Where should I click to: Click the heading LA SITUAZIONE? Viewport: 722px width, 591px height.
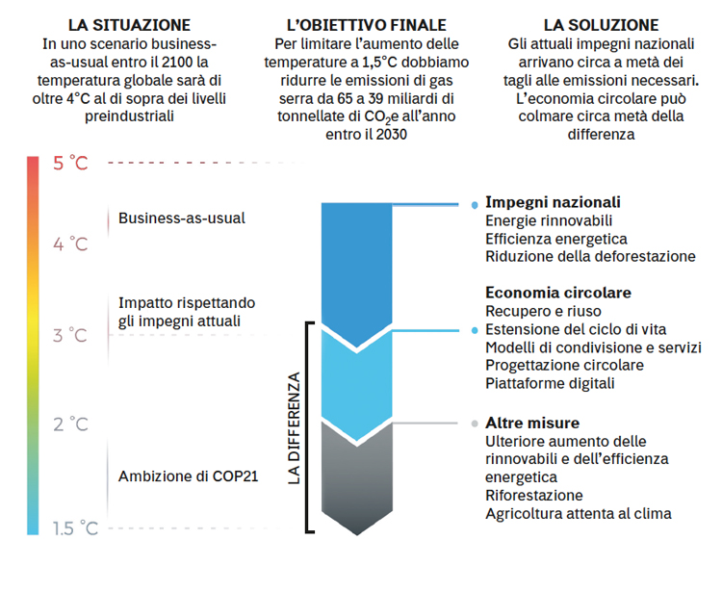pyautogui.click(x=129, y=25)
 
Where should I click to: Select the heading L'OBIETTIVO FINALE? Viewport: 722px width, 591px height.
pyautogui.click(x=367, y=25)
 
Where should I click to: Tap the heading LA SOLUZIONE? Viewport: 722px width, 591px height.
pyautogui.click(x=601, y=25)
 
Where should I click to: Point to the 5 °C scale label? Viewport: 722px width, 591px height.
pyautogui.click(x=70, y=164)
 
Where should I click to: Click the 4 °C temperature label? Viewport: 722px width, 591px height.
pyautogui.click(x=70, y=244)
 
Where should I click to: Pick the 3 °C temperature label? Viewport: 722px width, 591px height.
pyautogui.click(x=70, y=335)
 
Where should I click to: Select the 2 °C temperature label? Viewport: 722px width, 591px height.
pyautogui.click(x=70, y=424)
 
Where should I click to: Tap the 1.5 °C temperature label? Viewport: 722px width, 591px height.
pyautogui.click(x=75, y=527)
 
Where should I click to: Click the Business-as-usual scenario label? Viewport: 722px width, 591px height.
pyautogui.click(x=182, y=218)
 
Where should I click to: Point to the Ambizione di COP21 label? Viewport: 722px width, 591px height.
pyautogui.click(x=189, y=475)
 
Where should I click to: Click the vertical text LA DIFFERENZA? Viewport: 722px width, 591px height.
pyautogui.click(x=294, y=428)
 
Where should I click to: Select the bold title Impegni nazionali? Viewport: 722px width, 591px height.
pyautogui.click(x=553, y=202)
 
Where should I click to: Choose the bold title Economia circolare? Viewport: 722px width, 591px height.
pyautogui.click(x=558, y=293)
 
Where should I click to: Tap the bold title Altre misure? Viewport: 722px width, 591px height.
pyautogui.click(x=532, y=423)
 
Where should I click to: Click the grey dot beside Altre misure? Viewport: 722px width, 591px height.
pyautogui.click(x=475, y=424)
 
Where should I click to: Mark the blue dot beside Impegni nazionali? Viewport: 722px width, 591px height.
pyautogui.click(x=475, y=205)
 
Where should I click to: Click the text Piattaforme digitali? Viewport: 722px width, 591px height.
pyautogui.click(x=550, y=383)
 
